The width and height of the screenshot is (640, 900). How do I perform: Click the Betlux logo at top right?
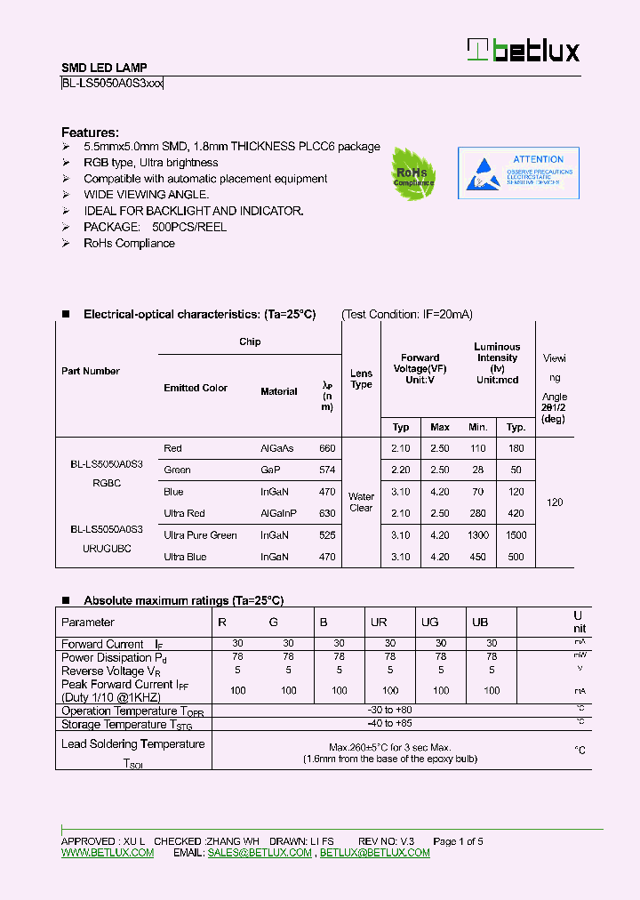point(524,51)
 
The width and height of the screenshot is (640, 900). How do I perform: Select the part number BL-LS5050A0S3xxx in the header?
point(112,84)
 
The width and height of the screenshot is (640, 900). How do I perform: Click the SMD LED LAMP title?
point(104,68)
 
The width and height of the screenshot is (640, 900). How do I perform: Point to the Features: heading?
point(90,133)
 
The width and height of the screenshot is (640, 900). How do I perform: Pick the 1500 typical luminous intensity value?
point(516,535)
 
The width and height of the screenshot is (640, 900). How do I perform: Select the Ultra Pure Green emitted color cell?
point(200,535)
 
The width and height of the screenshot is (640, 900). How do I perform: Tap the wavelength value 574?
point(327,470)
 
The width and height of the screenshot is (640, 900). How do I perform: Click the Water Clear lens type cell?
point(361,502)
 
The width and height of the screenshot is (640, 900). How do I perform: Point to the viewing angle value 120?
point(555,502)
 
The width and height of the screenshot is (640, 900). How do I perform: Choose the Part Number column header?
point(90,371)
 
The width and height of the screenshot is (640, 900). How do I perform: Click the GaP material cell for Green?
point(269,470)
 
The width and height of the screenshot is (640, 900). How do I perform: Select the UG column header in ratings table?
point(429,623)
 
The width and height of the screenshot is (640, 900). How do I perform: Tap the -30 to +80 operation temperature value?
point(389,711)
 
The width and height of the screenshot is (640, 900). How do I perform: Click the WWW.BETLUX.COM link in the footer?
point(108,853)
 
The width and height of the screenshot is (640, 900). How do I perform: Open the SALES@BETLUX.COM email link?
point(260,853)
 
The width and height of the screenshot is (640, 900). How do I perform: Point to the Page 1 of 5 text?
point(458,841)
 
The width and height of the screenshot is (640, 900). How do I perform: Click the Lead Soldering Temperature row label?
point(132,744)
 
